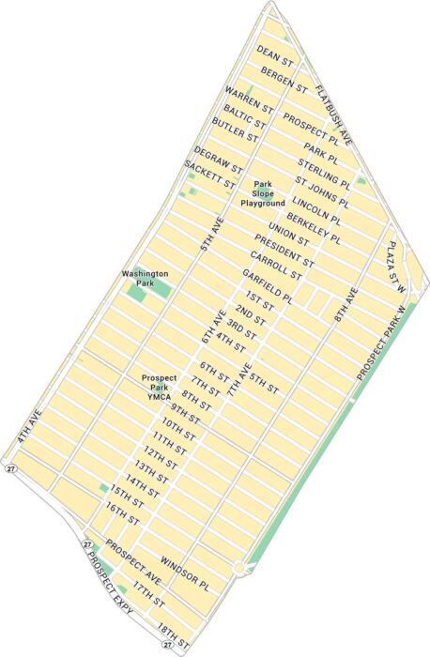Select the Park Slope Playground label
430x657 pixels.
click(x=262, y=193)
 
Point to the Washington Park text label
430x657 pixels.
click(x=146, y=278)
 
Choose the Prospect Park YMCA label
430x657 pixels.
click(x=160, y=386)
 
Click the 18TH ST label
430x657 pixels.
click(x=174, y=636)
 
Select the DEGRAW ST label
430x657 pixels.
click(x=218, y=160)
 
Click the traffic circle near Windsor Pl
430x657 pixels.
click(x=242, y=567)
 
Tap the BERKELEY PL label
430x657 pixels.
click(x=314, y=226)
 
